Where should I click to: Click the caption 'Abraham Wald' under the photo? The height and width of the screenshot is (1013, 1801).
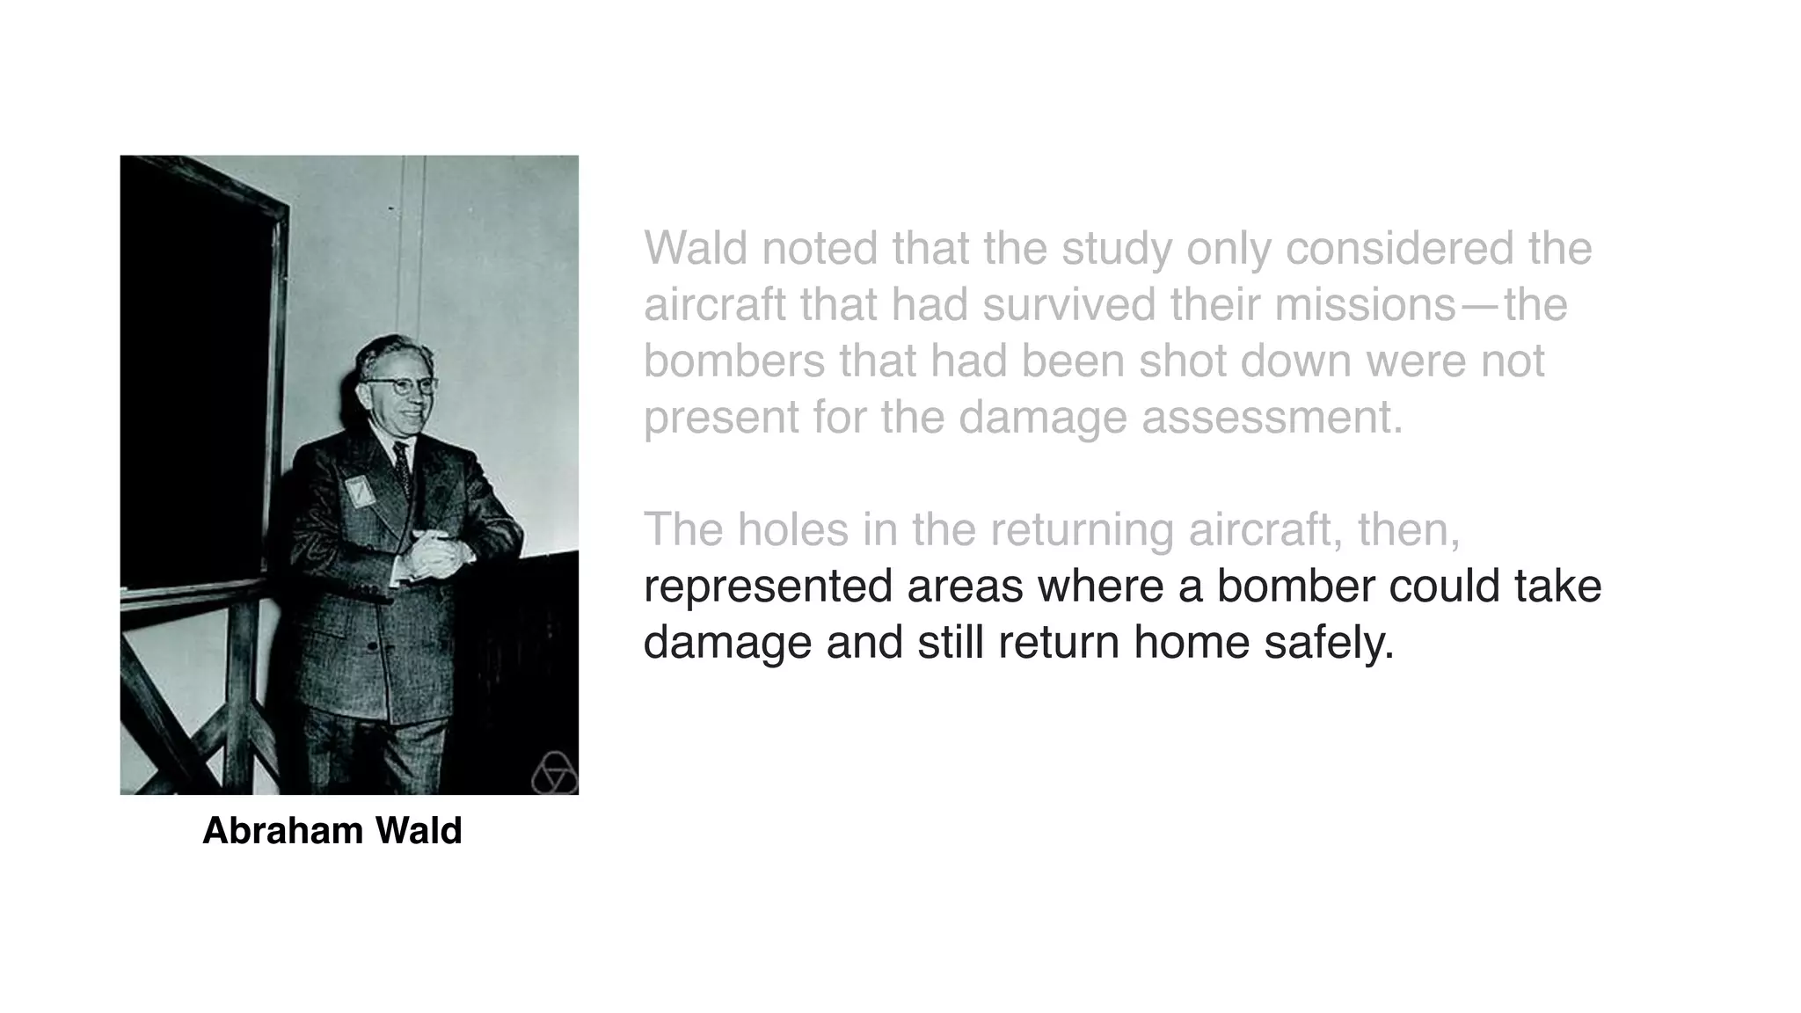pos(332,831)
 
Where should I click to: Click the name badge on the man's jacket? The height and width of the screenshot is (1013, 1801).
pos(360,491)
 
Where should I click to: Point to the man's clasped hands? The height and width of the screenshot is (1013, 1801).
pos(434,553)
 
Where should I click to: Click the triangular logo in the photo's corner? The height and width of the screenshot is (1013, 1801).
pos(553,774)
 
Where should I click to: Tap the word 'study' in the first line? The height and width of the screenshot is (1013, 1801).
pos(1116,248)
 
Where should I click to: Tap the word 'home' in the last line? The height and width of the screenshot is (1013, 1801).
pos(1191,642)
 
